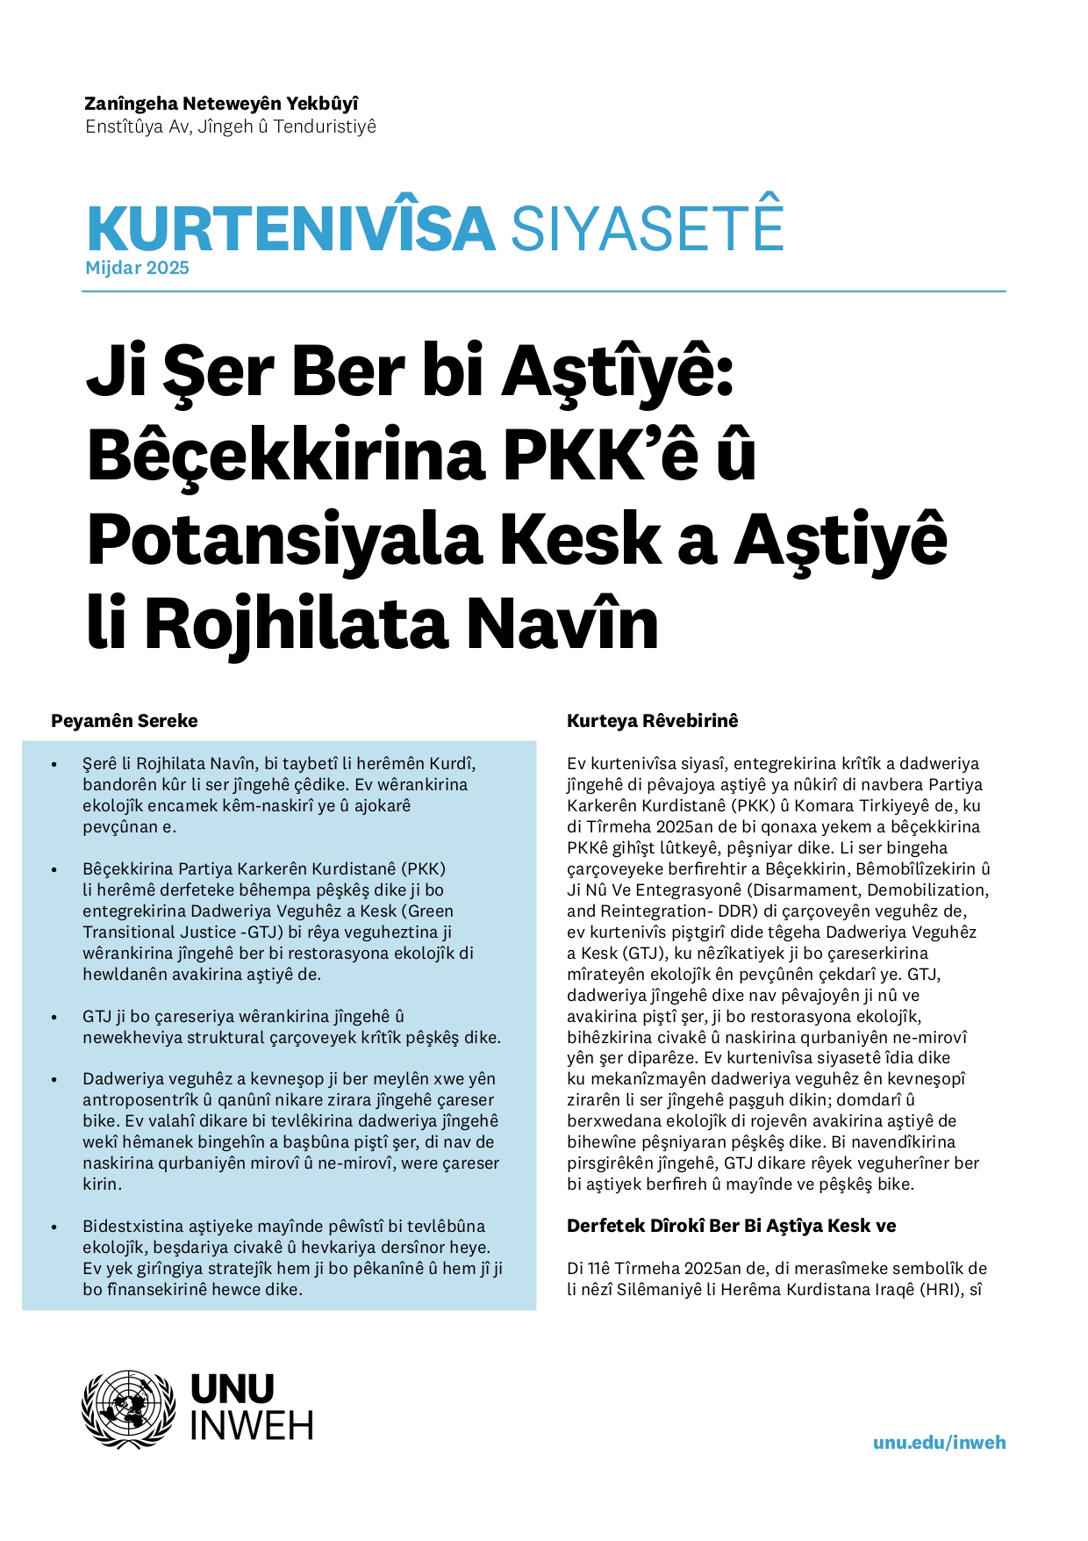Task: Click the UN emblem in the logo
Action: click(129, 1409)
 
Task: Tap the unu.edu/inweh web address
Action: click(939, 1443)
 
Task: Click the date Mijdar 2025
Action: click(138, 268)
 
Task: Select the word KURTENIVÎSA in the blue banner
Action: click(291, 228)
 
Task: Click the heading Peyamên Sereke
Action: click(125, 721)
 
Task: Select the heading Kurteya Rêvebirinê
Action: click(652, 721)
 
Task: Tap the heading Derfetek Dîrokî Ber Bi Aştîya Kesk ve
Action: click(731, 1226)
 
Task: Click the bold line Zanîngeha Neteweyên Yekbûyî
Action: click(221, 104)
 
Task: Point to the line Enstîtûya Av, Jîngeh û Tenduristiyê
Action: click(231, 126)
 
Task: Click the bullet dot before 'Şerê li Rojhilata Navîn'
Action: click(54, 765)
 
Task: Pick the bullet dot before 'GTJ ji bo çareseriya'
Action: click(54, 1018)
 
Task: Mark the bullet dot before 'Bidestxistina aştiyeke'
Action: click(54, 1228)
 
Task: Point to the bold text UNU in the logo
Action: click(233, 1390)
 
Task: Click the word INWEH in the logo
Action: click(252, 1427)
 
